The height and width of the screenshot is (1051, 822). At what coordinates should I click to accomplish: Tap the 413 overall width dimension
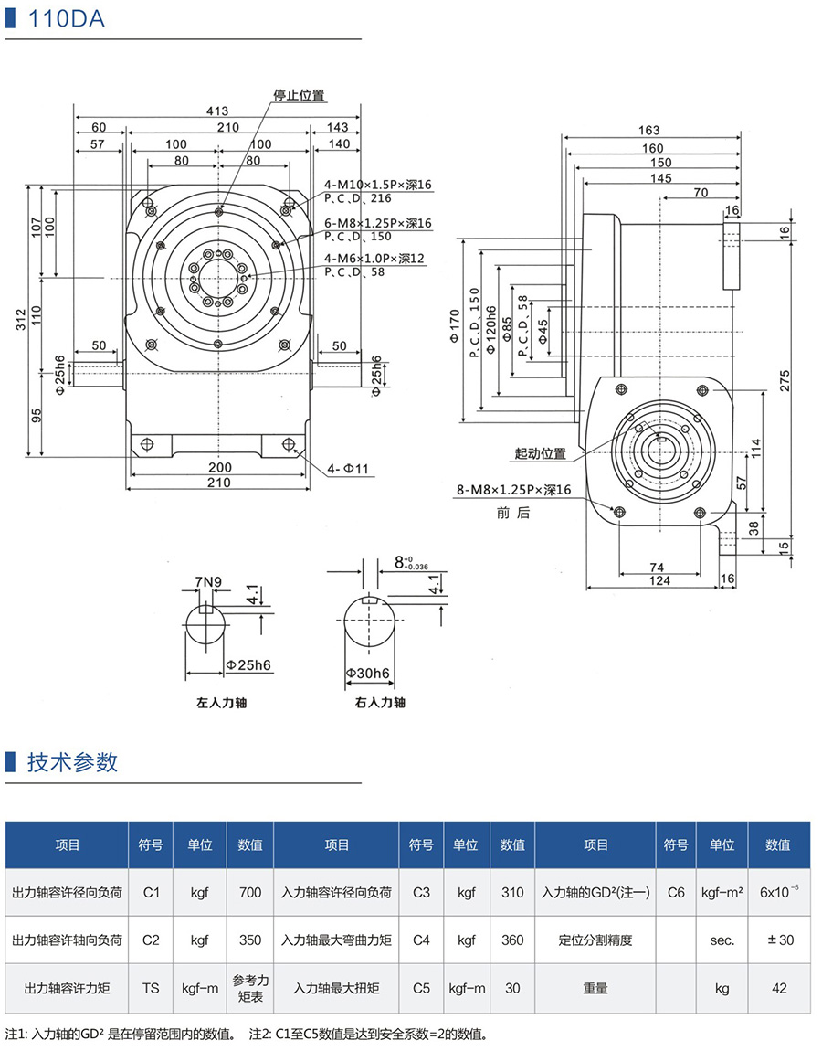pyautogui.click(x=216, y=111)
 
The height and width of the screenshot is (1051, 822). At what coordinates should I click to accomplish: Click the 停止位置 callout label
pyautogui.click(x=299, y=95)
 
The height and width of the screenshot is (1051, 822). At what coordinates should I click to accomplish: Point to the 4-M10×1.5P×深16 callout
pyautogui.click(x=377, y=185)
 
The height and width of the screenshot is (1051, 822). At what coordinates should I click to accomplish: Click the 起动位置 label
pyautogui.click(x=540, y=453)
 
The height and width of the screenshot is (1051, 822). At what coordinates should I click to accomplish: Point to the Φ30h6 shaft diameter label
pyautogui.click(x=368, y=674)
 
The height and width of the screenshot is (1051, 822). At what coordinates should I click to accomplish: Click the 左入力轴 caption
pyautogui.click(x=222, y=703)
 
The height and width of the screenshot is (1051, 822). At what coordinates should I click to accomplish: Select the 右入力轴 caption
pyautogui.click(x=380, y=703)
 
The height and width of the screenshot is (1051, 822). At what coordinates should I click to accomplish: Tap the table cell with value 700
pyautogui.click(x=250, y=892)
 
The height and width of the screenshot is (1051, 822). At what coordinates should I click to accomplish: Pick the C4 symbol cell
pyautogui.click(x=421, y=940)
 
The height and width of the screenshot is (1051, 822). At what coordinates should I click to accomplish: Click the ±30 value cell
pyautogui.click(x=778, y=940)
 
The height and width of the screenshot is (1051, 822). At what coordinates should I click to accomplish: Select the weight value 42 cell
pyautogui.click(x=778, y=988)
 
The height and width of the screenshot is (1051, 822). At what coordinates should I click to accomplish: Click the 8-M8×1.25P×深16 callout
pyautogui.click(x=513, y=491)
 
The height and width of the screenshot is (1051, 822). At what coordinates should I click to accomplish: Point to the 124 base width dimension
pyautogui.click(x=659, y=580)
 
